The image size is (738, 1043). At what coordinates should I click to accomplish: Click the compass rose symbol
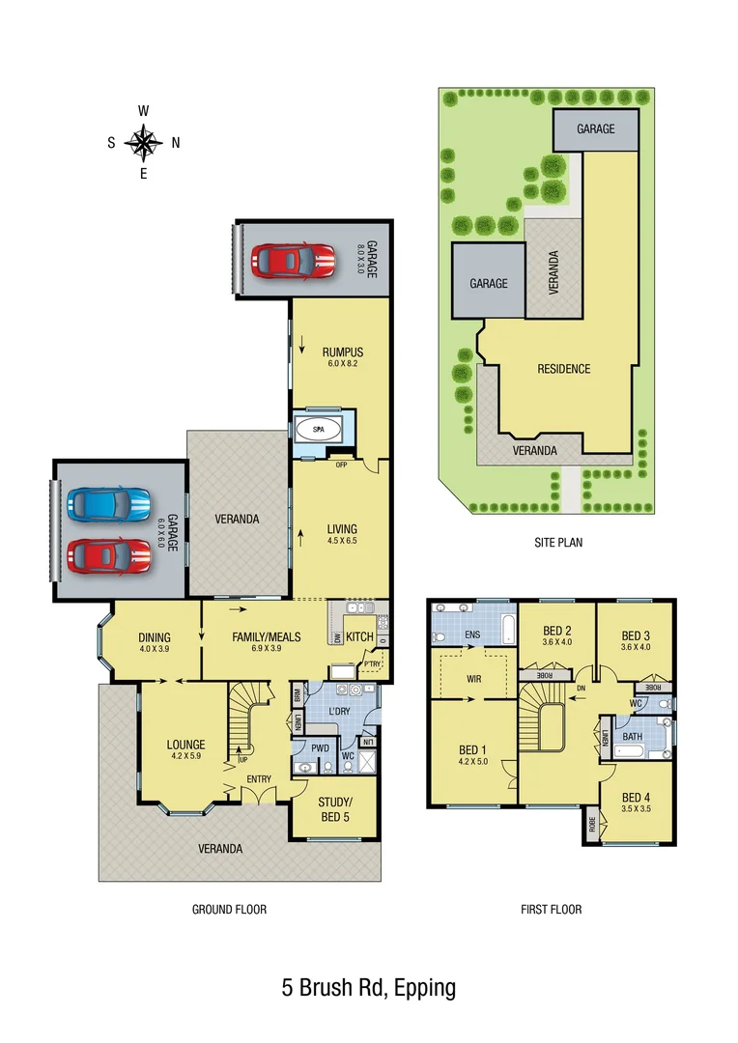143,143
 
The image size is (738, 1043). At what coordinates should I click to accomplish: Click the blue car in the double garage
108,503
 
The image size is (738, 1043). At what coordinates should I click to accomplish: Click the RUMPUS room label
342,352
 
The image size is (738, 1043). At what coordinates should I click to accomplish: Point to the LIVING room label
342,529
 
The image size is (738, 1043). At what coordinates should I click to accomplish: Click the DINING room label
155,637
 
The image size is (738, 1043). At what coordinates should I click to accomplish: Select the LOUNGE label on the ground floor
185,745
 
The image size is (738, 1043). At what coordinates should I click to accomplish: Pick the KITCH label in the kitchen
359,637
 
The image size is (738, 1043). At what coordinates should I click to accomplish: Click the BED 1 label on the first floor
473,748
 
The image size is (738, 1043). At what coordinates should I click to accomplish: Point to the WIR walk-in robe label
473,679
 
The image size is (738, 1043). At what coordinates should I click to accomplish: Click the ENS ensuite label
473,634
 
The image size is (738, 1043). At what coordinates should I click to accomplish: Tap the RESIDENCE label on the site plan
563,369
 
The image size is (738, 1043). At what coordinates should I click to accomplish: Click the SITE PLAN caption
558,543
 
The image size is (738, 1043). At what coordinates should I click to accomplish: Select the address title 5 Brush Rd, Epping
368,988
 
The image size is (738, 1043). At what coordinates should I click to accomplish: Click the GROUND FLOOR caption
229,909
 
